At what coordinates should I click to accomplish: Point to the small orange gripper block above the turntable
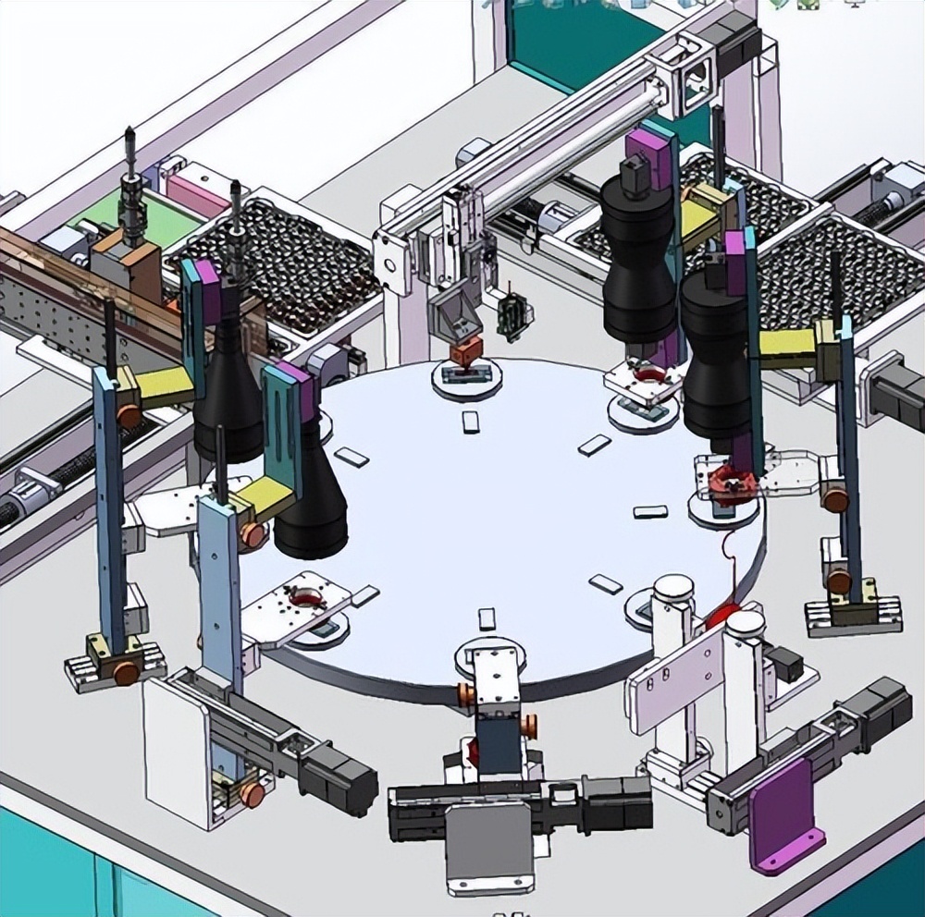pyautogui.click(x=465, y=351)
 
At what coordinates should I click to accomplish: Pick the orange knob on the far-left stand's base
pyautogui.click(x=127, y=673)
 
